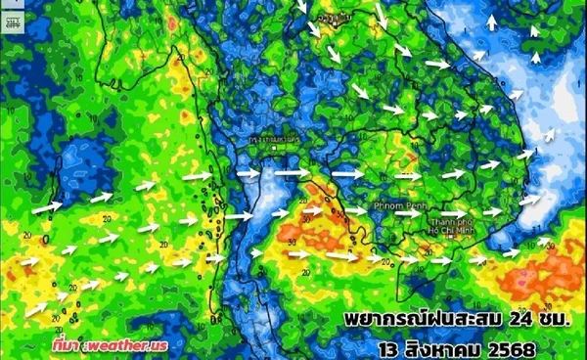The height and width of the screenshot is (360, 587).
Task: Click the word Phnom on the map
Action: click(x=386, y=207)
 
